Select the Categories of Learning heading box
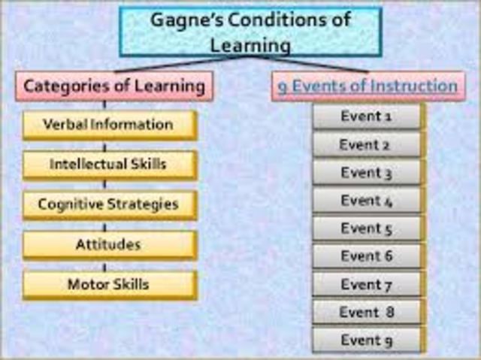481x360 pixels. click(x=114, y=86)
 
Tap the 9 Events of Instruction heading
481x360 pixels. click(x=366, y=86)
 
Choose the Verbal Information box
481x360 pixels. click(x=109, y=124)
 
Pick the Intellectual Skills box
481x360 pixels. click(x=109, y=164)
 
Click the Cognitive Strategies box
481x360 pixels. click(x=109, y=204)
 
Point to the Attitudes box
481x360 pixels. click(x=109, y=245)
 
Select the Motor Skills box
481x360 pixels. click(x=109, y=285)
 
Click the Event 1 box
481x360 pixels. click(x=367, y=116)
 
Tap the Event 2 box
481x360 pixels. click(x=367, y=144)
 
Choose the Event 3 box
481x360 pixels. click(x=367, y=173)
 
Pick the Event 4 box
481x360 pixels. click(x=367, y=201)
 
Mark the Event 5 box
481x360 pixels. click(x=367, y=228)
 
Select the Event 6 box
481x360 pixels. click(x=367, y=256)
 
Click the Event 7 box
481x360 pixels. click(x=367, y=284)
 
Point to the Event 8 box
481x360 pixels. click(x=367, y=312)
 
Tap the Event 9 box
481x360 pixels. click(x=367, y=340)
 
